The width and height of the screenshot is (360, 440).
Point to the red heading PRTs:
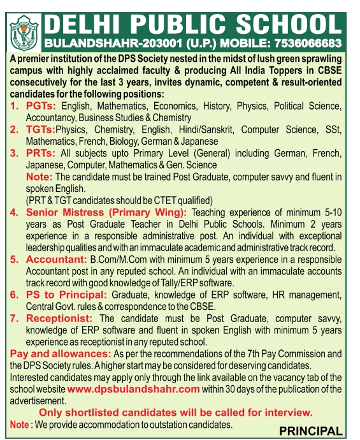pos(41,154)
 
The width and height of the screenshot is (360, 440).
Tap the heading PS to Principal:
pos(67,295)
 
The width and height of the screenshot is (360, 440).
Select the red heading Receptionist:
pos(60,319)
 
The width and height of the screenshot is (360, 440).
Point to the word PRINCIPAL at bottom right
pos(310,430)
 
